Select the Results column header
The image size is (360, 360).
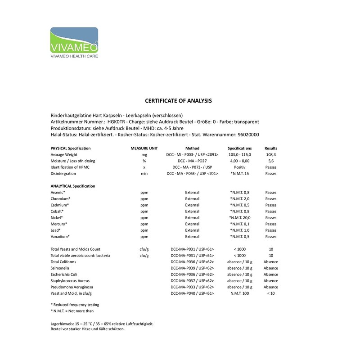271,148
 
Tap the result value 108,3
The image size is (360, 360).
271,154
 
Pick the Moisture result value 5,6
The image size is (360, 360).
271,161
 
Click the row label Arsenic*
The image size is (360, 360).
58,192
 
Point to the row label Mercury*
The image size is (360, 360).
59,224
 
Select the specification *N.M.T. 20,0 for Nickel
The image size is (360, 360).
239,217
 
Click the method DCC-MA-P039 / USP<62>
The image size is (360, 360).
192,268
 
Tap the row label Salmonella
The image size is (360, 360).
61,268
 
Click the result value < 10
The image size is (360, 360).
271,293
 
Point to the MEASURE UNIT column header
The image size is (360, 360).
144,148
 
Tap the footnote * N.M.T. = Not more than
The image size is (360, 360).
72,310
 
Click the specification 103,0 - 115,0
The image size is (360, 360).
239,154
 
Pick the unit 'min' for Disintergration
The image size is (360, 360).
144,173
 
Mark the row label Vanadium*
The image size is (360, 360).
60,236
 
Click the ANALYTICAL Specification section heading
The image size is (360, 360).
72,186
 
